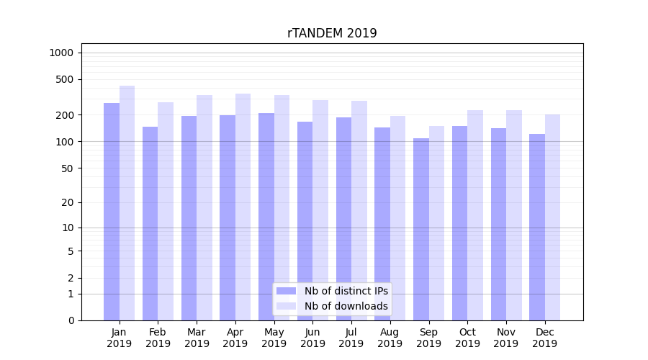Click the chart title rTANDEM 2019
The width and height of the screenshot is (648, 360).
pyautogui.click(x=332, y=33)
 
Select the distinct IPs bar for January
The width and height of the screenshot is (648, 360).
pyautogui.click(x=112, y=212)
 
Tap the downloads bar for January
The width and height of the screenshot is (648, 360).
pyautogui.click(x=127, y=203)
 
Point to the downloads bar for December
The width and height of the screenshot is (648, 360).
pyautogui.click(x=552, y=217)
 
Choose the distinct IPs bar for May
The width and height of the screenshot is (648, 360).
pyautogui.click(x=266, y=217)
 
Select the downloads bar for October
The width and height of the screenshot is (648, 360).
pyautogui.click(x=475, y=215)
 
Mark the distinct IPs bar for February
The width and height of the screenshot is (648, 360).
pyautogui.click(x=150, y=223)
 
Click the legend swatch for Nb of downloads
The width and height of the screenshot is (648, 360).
pyautogui.click(x=286, y=306)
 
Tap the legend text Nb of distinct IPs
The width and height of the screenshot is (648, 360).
pyautogui.click(x=346, y=291)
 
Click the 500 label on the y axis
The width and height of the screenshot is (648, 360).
pyautogui.click(x=65, y=79)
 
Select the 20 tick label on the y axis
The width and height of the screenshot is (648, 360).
pyautogui.click(x=68, y=202)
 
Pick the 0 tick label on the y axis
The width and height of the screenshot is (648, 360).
pyautogui.click(x=71, y=320)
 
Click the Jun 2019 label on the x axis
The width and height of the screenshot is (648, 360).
pyautogui.click(x=312, y=338)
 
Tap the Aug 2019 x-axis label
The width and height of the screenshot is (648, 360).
pyautogui.click(x=390, y=338)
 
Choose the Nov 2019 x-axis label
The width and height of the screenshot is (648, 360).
pyautogui.click(x=506, y=338)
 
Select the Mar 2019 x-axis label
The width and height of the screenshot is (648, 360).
pyautogui.click(x=197, y=338)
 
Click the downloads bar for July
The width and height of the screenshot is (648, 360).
pyautogui.click(x=359, y=210)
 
